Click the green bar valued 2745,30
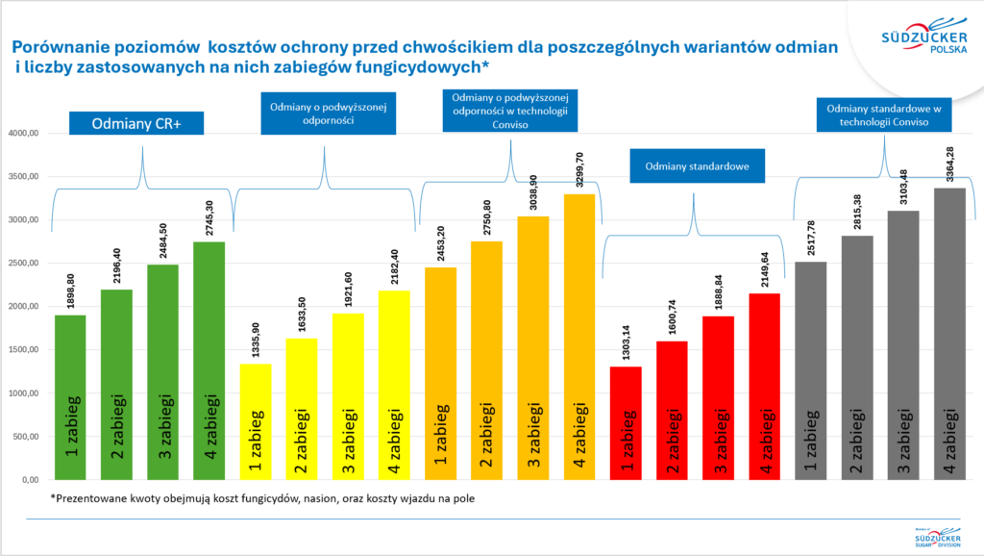tap(209, 361)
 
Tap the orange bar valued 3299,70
tap(578, 337)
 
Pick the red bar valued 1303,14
tap(626, 423)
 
